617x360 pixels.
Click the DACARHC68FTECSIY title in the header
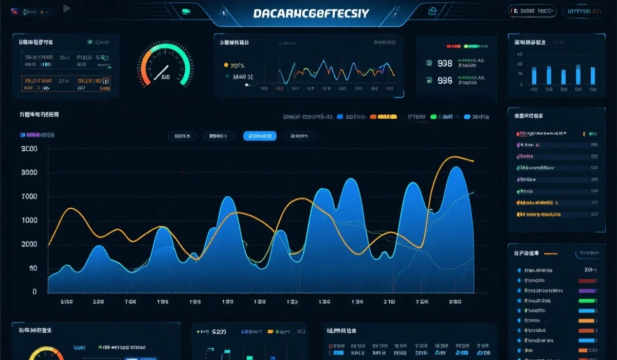(x=311, y=13)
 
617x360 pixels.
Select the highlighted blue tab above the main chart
(x=260, y=136)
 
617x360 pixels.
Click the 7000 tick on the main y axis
(x=29, y=196)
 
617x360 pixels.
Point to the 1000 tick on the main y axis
(x=29, y=221)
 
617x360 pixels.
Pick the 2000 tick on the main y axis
(x=29, y=244)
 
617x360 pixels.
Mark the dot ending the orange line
(x=472, y=161)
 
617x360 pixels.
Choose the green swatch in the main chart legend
(x=433, y=117)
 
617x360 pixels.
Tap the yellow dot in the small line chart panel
(x=226, y=65)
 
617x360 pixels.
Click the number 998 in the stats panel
(x=445, y=63)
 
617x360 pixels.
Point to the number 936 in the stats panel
(x=445, y=80)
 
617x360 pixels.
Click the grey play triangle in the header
(x=66, y=8)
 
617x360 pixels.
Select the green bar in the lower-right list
(x=587, y=300)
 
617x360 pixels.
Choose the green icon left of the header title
(x=186, y=11)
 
